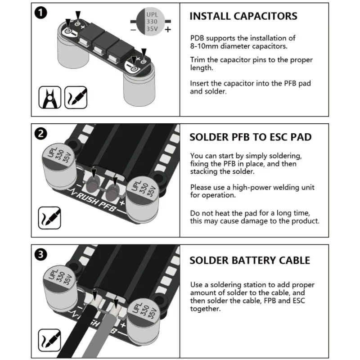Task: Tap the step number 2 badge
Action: pos(41,134)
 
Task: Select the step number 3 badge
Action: pos(41,255)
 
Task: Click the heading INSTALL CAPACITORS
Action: pos(243,16)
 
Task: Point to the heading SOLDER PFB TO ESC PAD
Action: pos(250,137)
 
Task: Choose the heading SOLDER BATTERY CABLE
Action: pos(249,260)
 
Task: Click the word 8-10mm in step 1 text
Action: pos(202,46)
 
